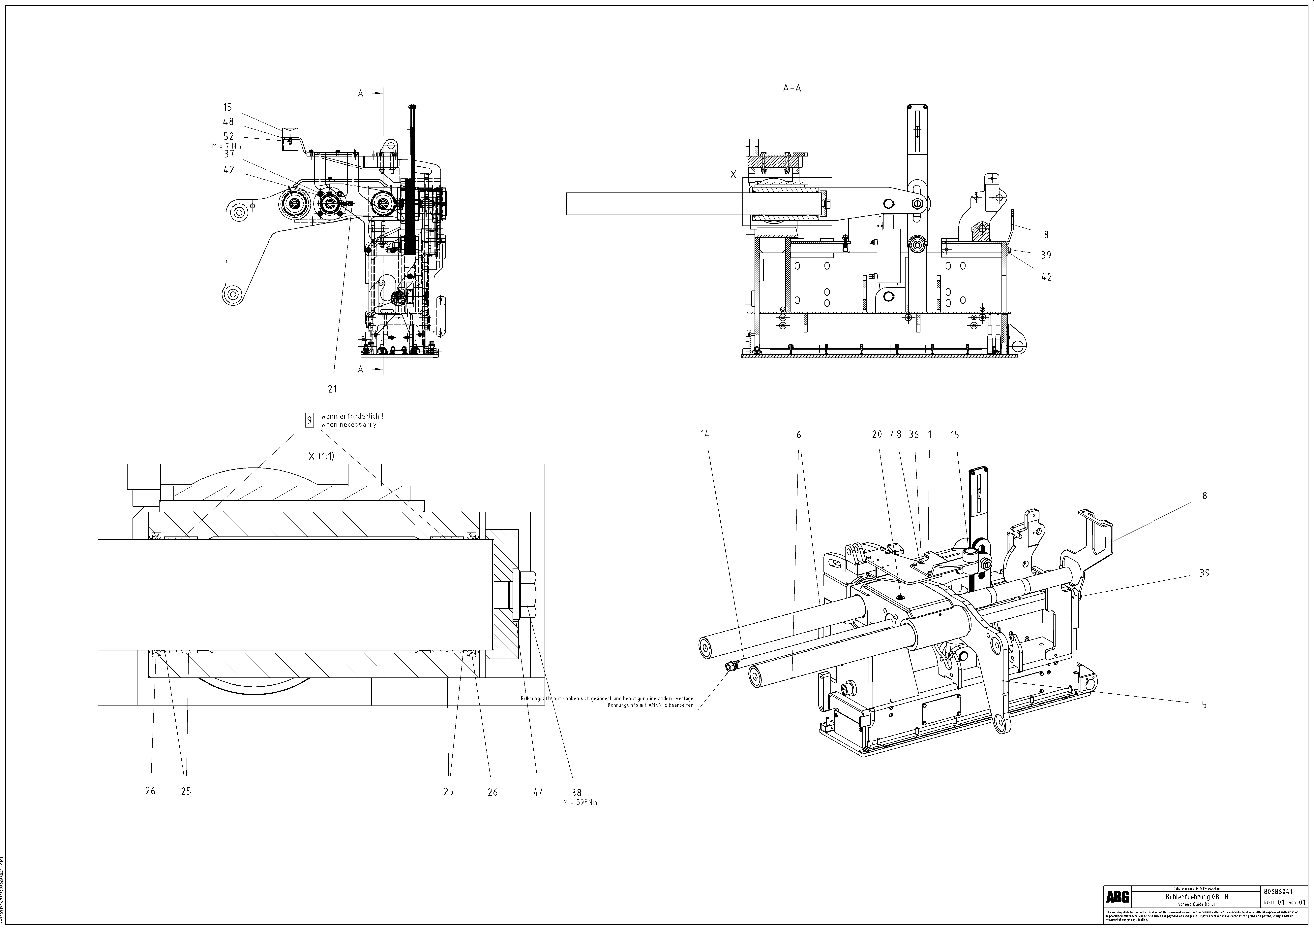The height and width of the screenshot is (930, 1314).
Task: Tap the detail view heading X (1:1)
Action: click(x=321, y=456)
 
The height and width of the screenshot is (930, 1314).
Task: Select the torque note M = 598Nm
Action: click(x=580, y=802)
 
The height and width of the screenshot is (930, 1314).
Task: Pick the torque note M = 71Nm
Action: click(x=227, y=146)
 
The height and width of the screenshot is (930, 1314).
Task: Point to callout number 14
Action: click(x=705, y=435)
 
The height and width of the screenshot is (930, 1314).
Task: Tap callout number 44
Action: click(x=539, y=793)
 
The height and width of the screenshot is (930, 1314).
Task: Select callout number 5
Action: click(x=1204, y=705)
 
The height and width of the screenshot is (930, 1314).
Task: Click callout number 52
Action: click(x=228, y=136)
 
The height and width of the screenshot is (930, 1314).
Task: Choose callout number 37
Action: click(x=228, y=154)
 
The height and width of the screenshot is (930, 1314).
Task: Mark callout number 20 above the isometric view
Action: click(x=877, y=435)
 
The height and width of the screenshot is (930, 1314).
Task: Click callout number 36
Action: click(x=913, y=435)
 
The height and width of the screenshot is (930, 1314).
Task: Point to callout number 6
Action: click(x=799, y=435)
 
